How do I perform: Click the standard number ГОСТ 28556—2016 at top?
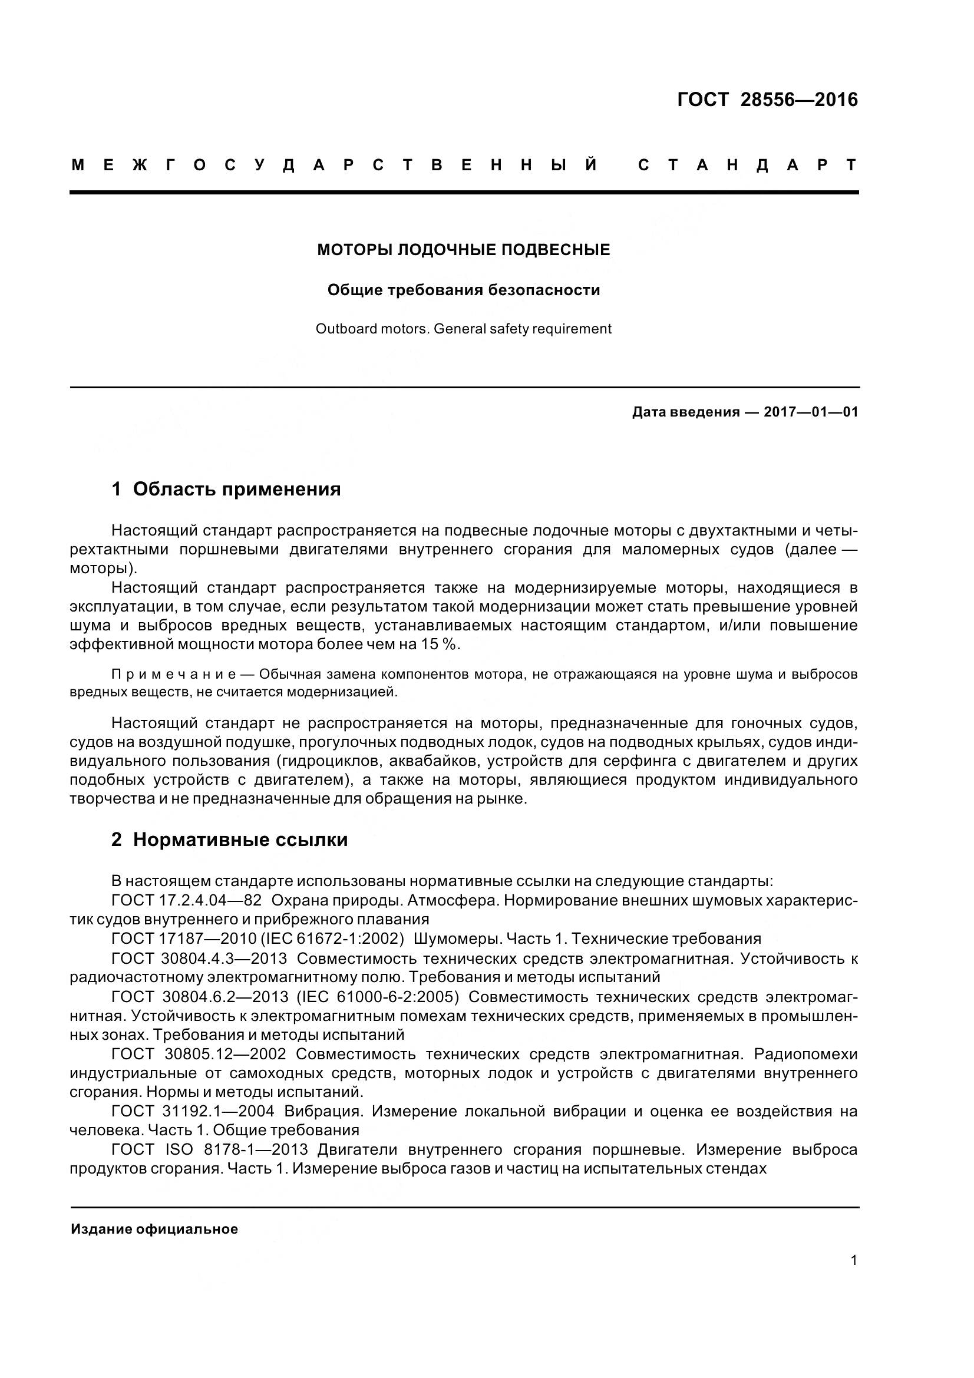coord(767,100)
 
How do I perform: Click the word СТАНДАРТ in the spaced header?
coord(748,165)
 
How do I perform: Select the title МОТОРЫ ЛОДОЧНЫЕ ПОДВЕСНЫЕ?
coord(463,250)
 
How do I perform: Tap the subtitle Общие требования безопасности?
coord(463,290)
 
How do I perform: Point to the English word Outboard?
coord(341,329)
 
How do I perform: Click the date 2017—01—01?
coord(811,412)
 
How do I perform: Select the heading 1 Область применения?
coord(226,489)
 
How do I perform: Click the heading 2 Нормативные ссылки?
coord(229,840)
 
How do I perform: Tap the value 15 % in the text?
coord(443,645)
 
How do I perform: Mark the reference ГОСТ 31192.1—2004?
coord(192,1112)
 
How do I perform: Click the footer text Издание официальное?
coord(154,1229)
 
